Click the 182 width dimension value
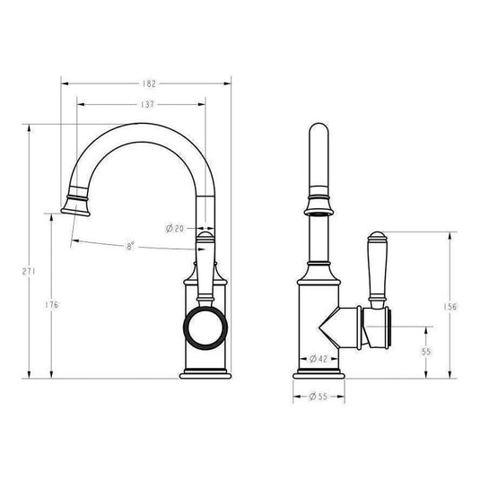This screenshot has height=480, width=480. click(x=149, y=83)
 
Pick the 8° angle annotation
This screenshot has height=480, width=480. click(x=129, y=245)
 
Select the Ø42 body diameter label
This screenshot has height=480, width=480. click(x=319, y=359)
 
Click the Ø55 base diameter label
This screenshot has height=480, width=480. click(x=319, y=395)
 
